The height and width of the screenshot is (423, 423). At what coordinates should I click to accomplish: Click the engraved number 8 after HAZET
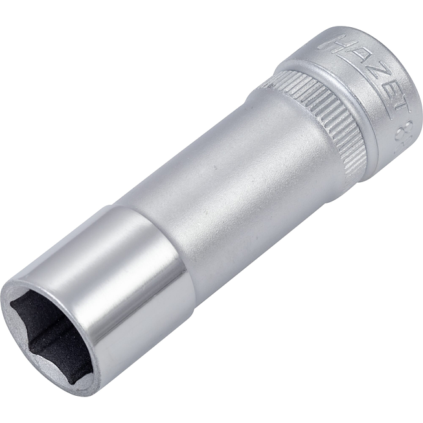(406, 124)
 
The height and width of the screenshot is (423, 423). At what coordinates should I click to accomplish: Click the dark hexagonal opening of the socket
(52, 337)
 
